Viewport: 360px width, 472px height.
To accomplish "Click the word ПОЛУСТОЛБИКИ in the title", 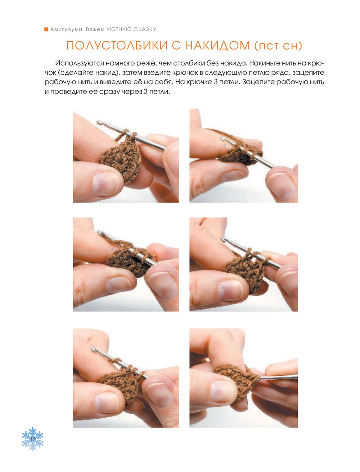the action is pos(117,46).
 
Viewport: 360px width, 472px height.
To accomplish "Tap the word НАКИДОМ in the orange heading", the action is pos(217,46).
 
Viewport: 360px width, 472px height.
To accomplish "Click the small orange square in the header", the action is pos(46,29).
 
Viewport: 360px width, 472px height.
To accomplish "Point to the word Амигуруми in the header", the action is pos(67,29).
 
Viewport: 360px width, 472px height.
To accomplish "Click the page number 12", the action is pos(33,439).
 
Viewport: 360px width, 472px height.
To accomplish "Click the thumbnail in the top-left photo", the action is pos(106,184).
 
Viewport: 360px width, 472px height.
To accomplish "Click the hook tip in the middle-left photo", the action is pos(100,233).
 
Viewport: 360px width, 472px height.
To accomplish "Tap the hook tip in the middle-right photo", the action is pos(223,239).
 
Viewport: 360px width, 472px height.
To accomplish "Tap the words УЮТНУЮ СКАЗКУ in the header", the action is pos(132,29).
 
